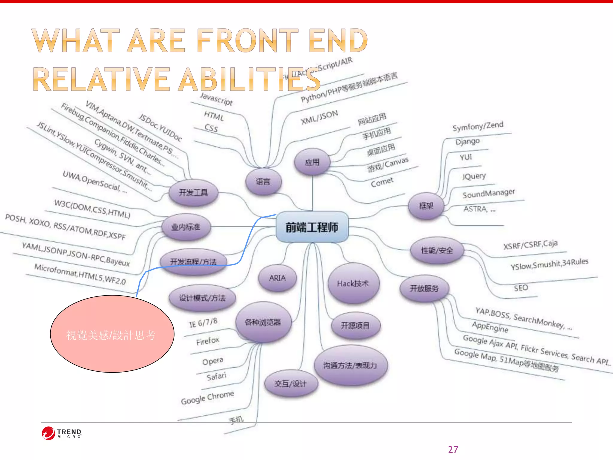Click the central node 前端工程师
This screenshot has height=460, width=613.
click(312, 227)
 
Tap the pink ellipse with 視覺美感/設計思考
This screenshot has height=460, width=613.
click(112, 334)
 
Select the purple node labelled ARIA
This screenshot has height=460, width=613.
click(277, 278)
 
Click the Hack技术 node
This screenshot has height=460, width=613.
click(353, 283)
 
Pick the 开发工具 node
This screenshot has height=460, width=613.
click(193, 192)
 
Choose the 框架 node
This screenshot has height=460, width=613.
click(426, 206)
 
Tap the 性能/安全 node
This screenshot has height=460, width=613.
click(437, 250)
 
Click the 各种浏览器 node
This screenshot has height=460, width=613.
click(263, 322)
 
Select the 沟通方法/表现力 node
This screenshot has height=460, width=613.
click(350, 365)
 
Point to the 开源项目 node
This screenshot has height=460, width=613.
click(356, 326)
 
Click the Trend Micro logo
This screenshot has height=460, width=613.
click(62, 433)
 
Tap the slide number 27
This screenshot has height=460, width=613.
click(453, 450)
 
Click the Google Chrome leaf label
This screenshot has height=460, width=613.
click(207, 397)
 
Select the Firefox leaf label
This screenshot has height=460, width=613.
click(208, 341)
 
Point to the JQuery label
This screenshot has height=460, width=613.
click(474, 176)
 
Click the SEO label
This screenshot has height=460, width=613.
click(521, 288)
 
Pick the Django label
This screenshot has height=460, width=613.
click(468, 141)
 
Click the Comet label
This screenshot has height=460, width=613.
click(382, 182)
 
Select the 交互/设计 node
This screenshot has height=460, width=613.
click(291, 384)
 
